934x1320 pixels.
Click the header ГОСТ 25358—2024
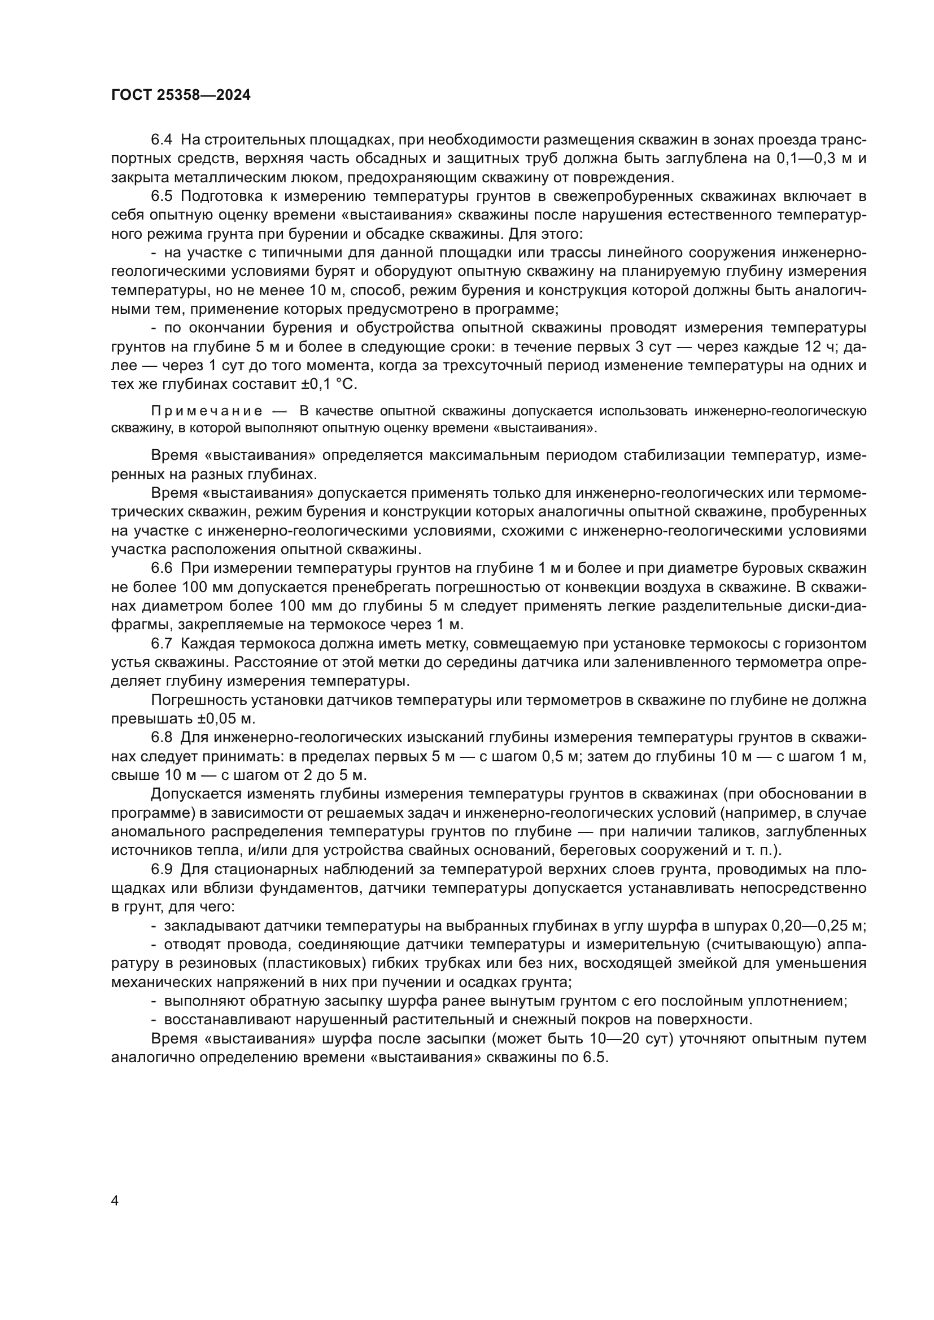point(181,95)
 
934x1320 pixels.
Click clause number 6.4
point(162,141)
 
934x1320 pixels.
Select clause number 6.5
point(162,196)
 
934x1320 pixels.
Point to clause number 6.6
point(162,569)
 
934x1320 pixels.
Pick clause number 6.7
point(162,644)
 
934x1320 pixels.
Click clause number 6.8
point(162,738)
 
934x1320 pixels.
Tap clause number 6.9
point(162,870)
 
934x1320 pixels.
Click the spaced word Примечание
point(207,411)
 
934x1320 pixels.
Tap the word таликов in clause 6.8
point(700,832)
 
